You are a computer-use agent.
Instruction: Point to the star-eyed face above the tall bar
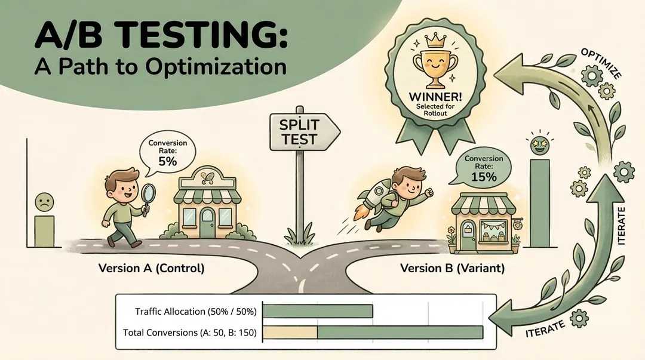(538, 144)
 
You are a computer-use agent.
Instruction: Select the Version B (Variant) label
(452, 269)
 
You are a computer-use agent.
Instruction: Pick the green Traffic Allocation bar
(318, 311)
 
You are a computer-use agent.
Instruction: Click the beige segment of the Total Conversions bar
(290, 332)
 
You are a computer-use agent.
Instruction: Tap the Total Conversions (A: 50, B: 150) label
(189, 333)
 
